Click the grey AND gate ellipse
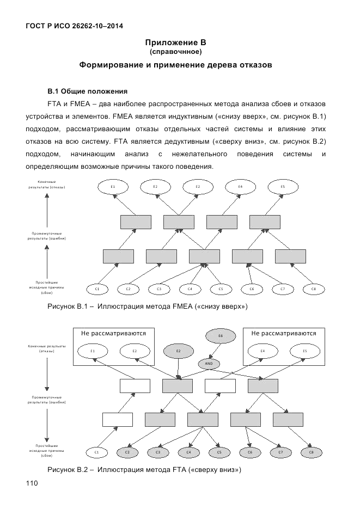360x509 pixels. click(209, 363)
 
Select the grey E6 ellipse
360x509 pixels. click(221, 336)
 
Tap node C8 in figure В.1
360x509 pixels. click(313, 289)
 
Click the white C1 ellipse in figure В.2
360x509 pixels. click(96, 452)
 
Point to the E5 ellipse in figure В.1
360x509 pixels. click(283, 187)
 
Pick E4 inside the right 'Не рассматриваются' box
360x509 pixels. click(263, 351)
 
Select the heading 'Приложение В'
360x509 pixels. click(175, 42)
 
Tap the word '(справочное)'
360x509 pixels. click(175, 52)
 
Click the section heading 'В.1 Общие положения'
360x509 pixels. click(87, 90)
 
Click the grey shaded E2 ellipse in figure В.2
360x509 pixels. click(178, 351)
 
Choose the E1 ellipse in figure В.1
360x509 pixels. click(112, 187)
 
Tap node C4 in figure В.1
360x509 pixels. click(190, 289)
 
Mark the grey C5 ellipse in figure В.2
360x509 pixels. click(219, 452)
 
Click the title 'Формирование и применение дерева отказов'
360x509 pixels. click(175, 65)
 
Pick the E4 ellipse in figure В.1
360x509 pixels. click(240, 187)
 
